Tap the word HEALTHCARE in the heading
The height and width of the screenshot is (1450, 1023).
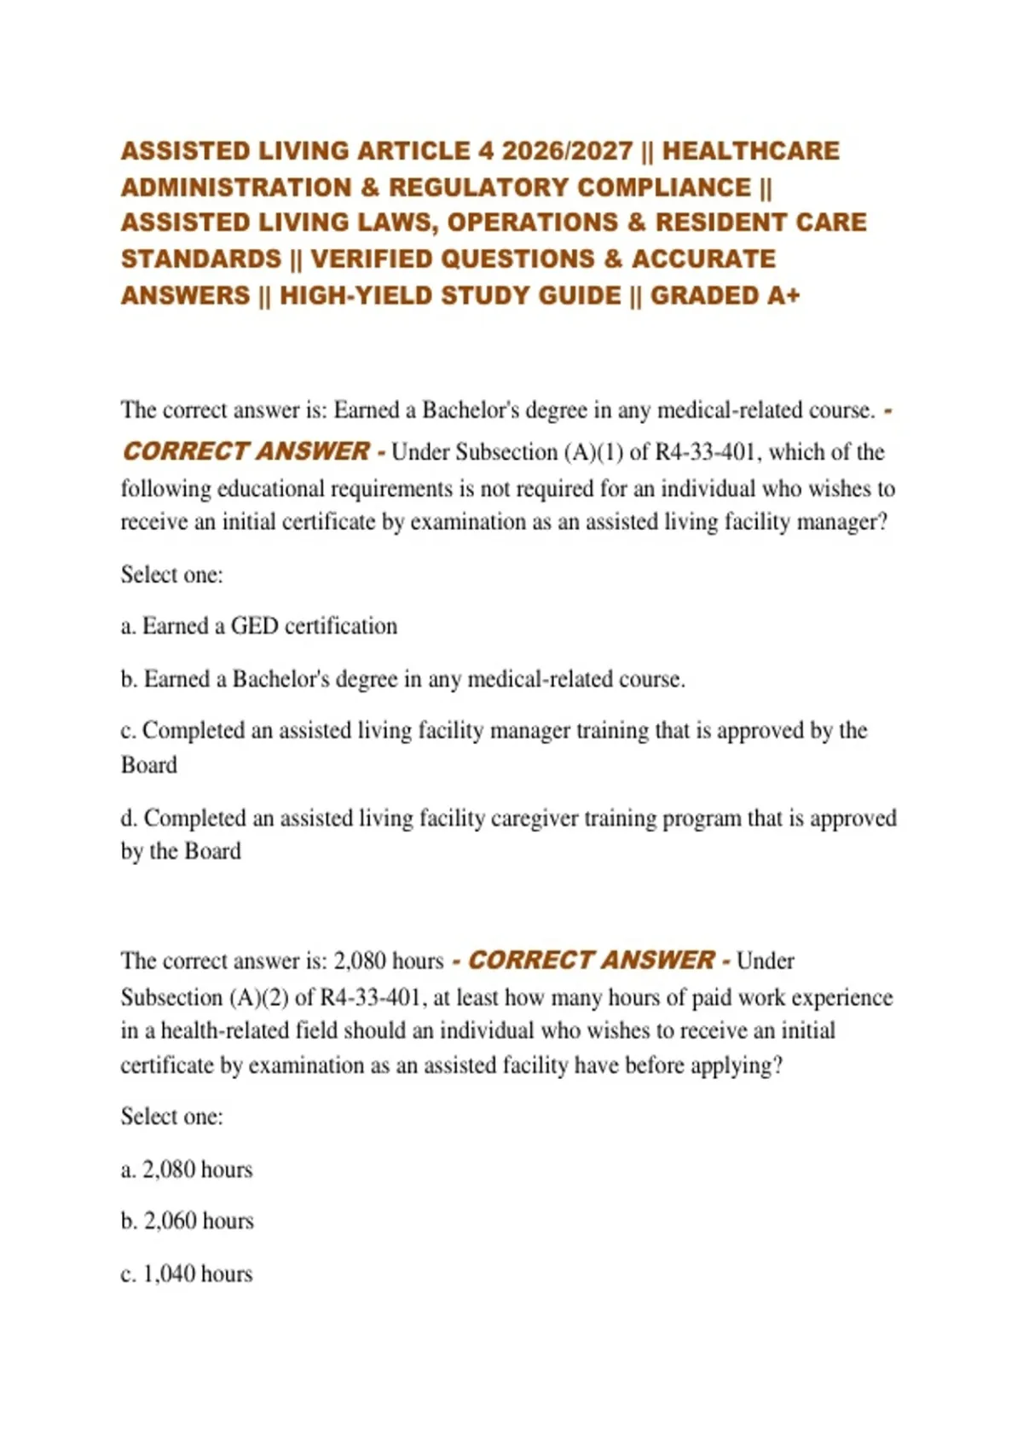[751, 151]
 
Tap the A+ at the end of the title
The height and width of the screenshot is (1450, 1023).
[783, 296]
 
